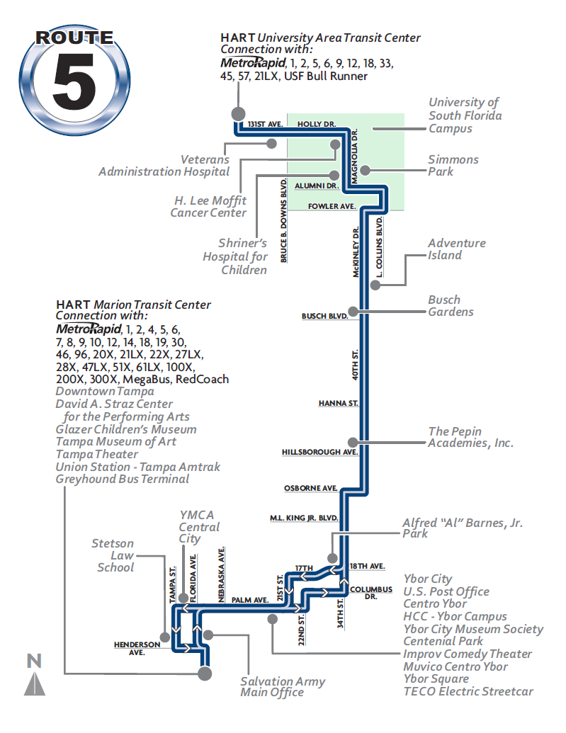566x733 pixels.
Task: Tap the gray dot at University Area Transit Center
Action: coord(237,113)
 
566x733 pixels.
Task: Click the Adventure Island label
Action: coord(456,249)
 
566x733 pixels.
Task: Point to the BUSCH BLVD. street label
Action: coord(325,316)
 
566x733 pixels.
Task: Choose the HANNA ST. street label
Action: coord(339,404)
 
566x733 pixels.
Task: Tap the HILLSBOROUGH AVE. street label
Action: coord(319,451)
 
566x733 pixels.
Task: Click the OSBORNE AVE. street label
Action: coord(310,488)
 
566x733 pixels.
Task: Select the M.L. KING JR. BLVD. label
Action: coord(304,518)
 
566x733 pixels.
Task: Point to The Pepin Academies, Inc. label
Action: coord(470,437)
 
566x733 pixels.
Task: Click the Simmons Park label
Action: coord(453,166)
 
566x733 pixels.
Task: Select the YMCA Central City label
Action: coord(199,527)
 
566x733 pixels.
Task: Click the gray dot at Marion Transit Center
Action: coord(205,673)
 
